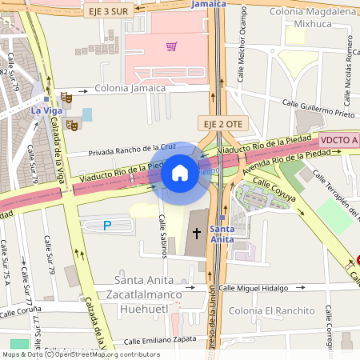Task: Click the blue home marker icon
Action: click(180, 172)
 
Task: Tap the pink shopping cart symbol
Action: click(171, 46)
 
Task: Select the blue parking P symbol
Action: click(107, 226)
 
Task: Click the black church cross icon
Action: click(197, 233)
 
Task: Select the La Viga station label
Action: click(46, 109)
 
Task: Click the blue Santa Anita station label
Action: click(222, 234)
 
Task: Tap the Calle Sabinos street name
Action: click(163, 236)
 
